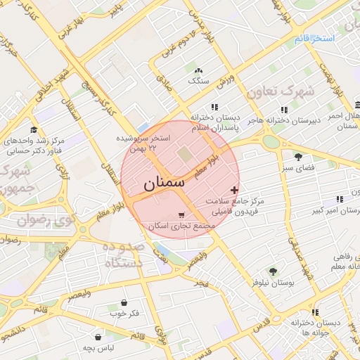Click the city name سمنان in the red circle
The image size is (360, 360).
click(x=164, y=184)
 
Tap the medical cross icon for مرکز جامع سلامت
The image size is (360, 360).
click(x=234, y=190)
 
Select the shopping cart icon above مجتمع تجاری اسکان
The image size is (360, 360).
click(x=182, y=215)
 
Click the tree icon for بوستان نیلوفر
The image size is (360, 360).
click(x=273, y=271)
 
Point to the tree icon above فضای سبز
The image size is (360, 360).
click(x=299, y=157)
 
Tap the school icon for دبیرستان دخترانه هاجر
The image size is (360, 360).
click(x=284, y=110)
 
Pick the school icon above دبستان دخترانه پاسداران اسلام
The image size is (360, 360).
click(x=214, y=107)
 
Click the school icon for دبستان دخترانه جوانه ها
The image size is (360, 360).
click(x=315, y=311)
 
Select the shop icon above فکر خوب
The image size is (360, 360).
click(x=124, y=302)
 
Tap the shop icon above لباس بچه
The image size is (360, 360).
click(x=98, y=337)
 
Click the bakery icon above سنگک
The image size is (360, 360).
click(x=199, y=71)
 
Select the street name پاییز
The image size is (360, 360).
click(x=115, y=11)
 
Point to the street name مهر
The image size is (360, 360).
click(x=202, y=283)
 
